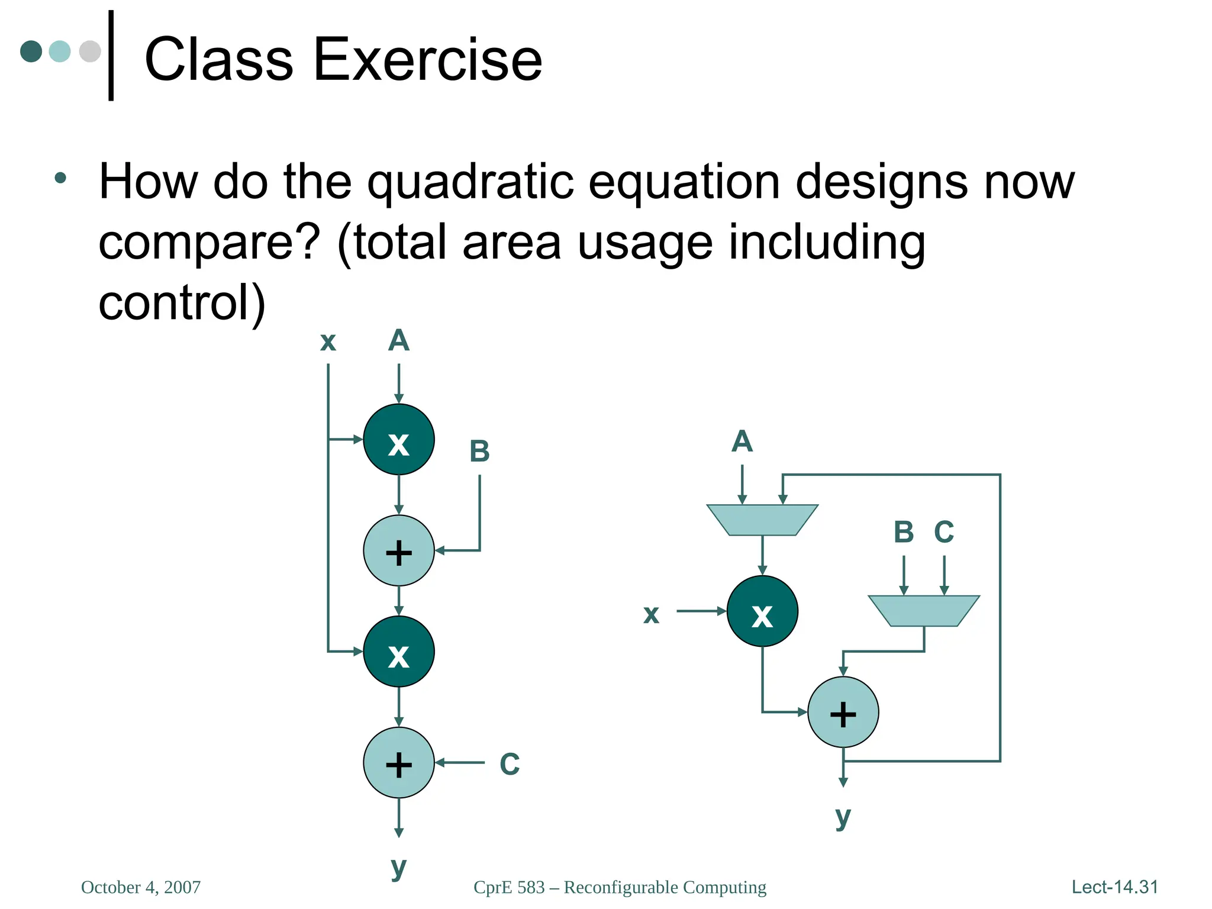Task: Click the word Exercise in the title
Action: click(427, 59)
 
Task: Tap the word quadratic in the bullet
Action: click(470, 182)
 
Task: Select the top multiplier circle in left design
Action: click(398, 440)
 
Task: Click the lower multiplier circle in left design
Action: click(398, 652)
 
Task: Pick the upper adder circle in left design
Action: click(398, 551)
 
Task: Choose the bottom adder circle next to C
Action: click(398, 763)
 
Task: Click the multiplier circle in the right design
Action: click(762, 611)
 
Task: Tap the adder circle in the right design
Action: click(843, 713)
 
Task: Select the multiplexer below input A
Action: click(762, 520)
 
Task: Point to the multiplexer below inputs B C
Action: click(923, 611)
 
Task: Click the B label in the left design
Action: click(479, 452)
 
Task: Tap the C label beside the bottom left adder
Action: click(510, 764)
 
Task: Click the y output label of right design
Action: click(843, 817)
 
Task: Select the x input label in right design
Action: click(651, 614)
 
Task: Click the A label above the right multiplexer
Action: click(742, 441)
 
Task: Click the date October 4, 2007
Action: click(141, 887)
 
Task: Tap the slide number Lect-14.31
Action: click(1114, 887)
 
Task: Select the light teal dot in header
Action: click(59, 51)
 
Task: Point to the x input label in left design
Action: click(328, 341)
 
